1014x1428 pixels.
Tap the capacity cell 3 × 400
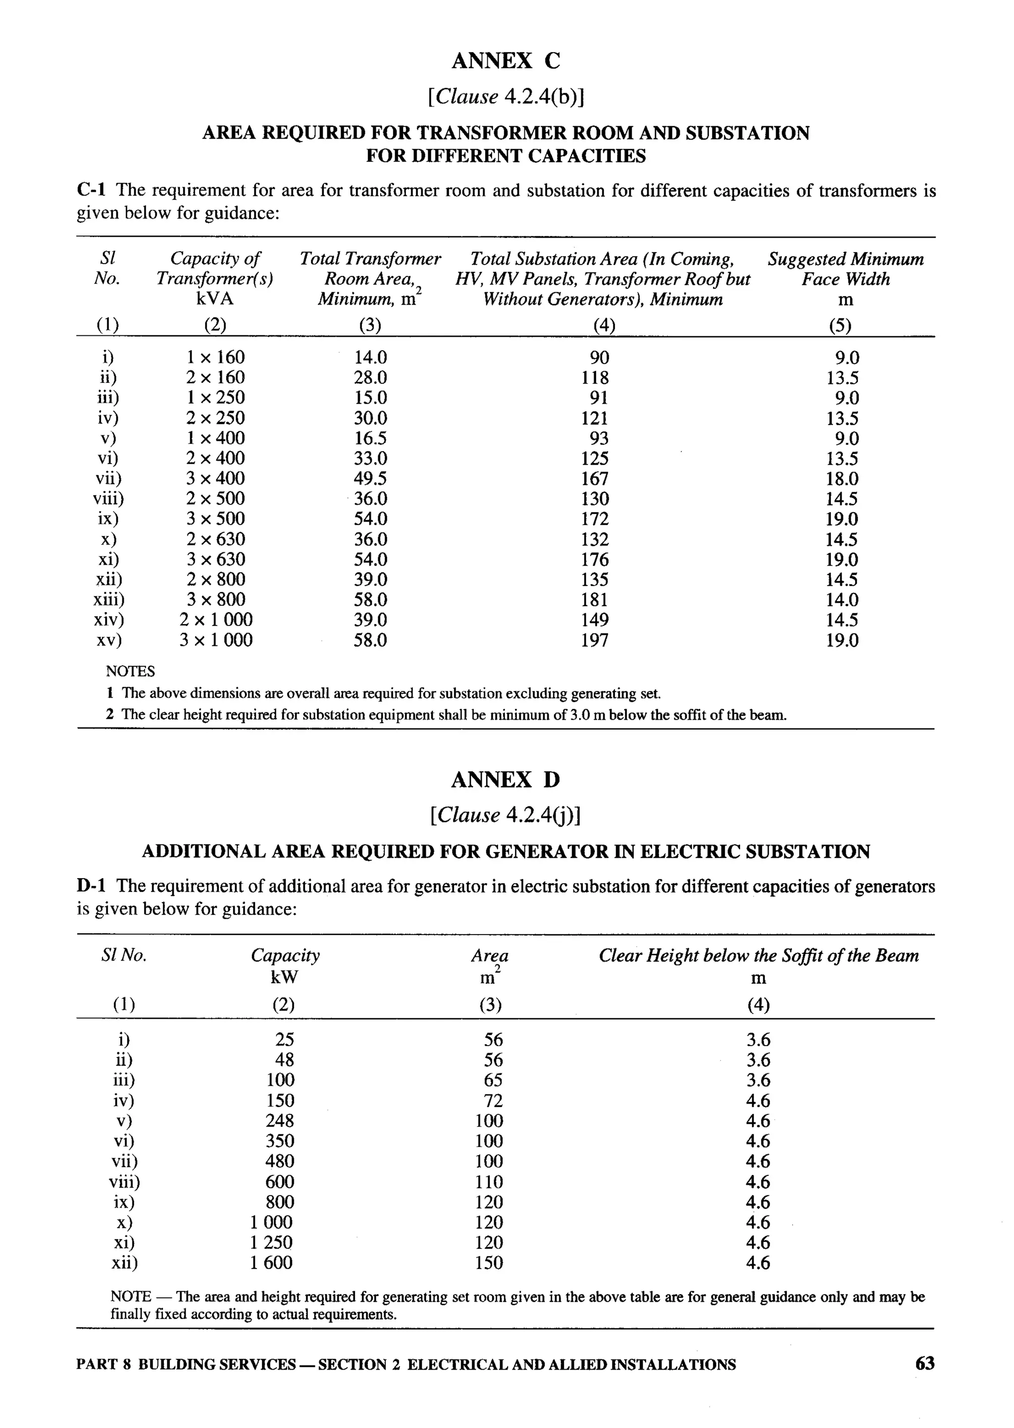(x=215, y=478)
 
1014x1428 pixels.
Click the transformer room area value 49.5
(x=370, y=478)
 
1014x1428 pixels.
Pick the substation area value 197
(x=595, y=640)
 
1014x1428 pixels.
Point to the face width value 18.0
(x=842, y=479)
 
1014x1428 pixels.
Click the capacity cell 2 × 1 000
(x=216, y=620)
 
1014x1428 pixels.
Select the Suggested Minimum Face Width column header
(x=846, y=278)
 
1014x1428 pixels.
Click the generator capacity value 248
(x=280, y=1121)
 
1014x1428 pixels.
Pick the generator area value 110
(x=489, y=1182)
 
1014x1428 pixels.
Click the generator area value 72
(x=493, y=1101)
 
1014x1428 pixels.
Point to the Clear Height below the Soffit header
(x=759, y=956)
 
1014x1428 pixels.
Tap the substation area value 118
(x=595, y=378)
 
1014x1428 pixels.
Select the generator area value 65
(x=493, y=1080)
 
